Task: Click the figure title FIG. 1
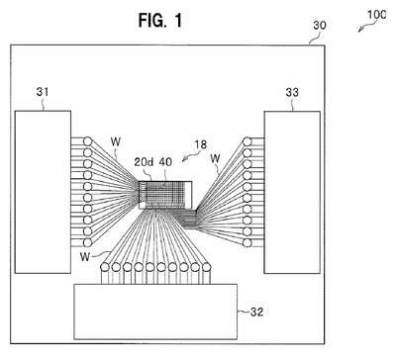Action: coord(160,21)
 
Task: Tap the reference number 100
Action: coord(376,15)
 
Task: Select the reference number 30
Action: coord(320,25)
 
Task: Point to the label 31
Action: coord(43,92)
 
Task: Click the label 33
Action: coord(292,92)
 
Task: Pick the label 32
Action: coord(256,312)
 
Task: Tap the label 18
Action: coord(200,144)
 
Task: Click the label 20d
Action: coord(144,162)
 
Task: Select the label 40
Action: coord(165,162)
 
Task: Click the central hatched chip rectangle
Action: coord(165,195)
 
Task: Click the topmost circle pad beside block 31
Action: coord(87,141)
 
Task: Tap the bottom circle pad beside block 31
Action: coord(87,242)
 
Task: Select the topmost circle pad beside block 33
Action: coord(247,142)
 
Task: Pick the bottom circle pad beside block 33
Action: coord(247,243)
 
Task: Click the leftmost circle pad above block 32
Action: coord(105,267)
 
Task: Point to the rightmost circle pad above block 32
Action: coord(206,267)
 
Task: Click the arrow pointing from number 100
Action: coord(363,27)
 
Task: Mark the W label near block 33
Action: coord(215,158)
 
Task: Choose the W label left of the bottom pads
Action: coord(85,256)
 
